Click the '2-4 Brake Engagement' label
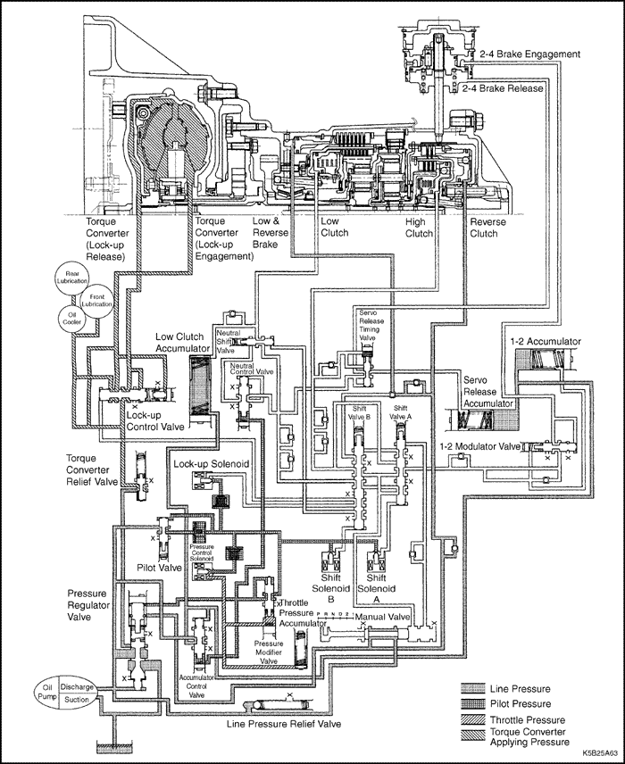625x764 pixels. pyautogui.click(x=529, y=54)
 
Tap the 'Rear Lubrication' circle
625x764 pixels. pyautogui.click(x=70, y=274)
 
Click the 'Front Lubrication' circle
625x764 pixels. pyautogui.click(x=97, y=299)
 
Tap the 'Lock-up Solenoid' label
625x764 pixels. pyautogui.click(x=211, y=465)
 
